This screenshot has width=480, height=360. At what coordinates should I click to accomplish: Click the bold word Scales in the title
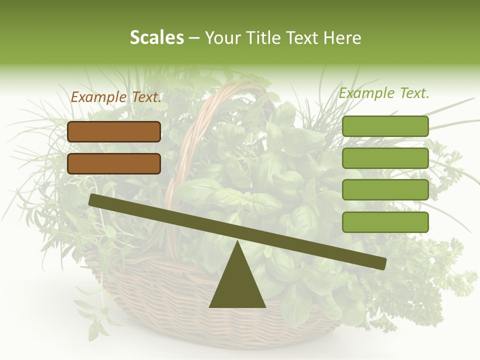click(156, 37)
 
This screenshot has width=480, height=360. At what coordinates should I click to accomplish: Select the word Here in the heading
click(342, 37)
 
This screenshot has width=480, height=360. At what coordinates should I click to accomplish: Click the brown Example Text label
click(116, 97)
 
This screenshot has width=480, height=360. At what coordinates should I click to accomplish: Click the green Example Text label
click(384, 93)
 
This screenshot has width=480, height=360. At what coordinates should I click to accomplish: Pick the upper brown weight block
click(114, 131)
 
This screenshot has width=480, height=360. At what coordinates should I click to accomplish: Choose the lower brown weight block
click(114, 163)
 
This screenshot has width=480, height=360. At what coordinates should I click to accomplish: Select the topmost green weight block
click(385, 126)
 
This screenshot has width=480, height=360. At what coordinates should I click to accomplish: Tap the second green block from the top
click(385, 158)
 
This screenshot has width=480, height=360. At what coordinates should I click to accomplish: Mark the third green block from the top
click(385, 190)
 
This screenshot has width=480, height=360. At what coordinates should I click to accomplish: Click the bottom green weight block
click(385, 222)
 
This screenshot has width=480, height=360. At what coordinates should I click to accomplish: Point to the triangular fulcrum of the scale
click(237, 280)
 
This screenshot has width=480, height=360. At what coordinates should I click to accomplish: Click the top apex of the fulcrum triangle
click(237, 242)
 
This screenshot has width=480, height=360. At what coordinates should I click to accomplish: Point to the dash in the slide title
click(194, 38)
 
